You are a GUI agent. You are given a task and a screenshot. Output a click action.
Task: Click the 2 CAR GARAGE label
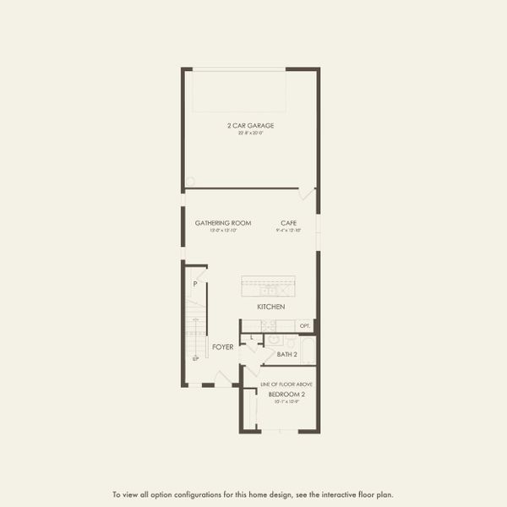coord(250,125)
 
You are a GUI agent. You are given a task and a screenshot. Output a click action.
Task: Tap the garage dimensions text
coord(250,133)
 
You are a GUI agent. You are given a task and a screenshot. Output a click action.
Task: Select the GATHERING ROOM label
coord(217,223)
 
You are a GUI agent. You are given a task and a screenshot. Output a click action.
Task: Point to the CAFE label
coord(288,223)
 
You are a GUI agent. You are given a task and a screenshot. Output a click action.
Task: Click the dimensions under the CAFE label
coord(288,230)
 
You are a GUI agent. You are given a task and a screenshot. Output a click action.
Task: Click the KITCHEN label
coord(271,306)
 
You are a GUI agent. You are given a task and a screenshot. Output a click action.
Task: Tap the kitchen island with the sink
coord(268,286)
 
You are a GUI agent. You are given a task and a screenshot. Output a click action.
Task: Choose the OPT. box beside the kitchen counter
coord(305,325)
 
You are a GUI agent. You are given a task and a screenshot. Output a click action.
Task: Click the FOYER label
coord(223,347)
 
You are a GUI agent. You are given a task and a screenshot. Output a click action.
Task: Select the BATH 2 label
coord(287,354)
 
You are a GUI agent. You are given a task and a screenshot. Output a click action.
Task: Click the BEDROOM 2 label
coord(286,395)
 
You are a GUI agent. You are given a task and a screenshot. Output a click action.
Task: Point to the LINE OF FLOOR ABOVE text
coord(286,384)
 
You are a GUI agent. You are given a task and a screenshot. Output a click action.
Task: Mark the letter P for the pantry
coord(194,284)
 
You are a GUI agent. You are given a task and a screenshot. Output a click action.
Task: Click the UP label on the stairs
coord(195,359)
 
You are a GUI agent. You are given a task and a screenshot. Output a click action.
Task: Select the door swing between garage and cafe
coord(308,194)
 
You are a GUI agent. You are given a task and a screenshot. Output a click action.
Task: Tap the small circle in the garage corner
coord(189,181)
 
